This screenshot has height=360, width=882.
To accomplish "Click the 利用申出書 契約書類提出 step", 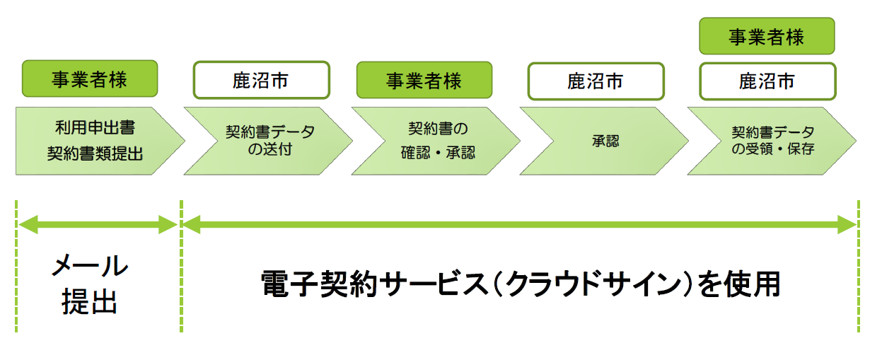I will pos(95,141).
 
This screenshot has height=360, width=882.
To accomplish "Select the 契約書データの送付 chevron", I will pos(266,141).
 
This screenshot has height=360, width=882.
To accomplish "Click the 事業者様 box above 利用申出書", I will pos(89,79).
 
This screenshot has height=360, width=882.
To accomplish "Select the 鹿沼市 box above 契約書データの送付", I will pos(261,81).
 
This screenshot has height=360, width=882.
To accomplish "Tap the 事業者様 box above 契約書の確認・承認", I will pos(424,79).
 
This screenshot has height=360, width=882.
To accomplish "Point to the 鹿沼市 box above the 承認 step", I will pos(596,81).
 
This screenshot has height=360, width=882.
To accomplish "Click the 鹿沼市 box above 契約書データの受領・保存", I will pos(767,81).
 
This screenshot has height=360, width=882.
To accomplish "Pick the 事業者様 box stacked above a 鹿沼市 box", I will pos(767,37).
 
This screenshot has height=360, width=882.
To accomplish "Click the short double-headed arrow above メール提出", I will pos(98,226).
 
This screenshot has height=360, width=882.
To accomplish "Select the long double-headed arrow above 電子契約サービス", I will pos(520,226).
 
